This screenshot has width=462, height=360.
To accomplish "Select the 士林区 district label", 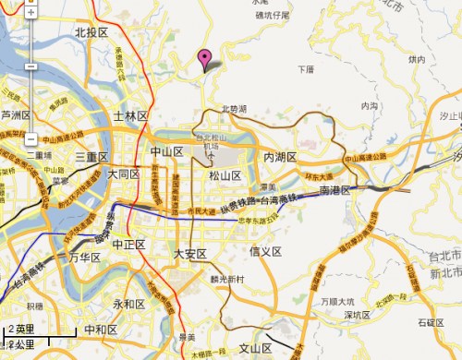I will [130, 116].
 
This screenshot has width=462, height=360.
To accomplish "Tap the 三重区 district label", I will [92, 155].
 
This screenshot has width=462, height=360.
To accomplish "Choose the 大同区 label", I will [122, 174].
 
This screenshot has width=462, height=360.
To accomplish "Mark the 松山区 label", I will [225, 175].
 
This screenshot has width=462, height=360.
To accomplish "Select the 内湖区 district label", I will [280, 157].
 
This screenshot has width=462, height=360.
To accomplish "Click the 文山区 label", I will [254, 348].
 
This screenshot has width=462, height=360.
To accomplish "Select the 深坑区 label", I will [356, 315].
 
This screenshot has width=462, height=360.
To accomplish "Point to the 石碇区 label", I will [430, 322].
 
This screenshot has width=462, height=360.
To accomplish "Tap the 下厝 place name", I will [307, 69].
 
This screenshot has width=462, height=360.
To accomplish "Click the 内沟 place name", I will [371, 106].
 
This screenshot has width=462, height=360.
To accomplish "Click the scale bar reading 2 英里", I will [21, 329].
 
